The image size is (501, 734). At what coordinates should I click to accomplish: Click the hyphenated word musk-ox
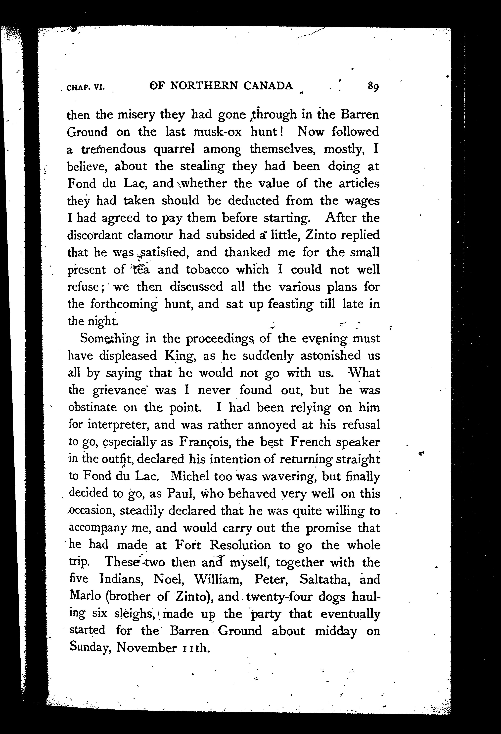coord(218,132)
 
